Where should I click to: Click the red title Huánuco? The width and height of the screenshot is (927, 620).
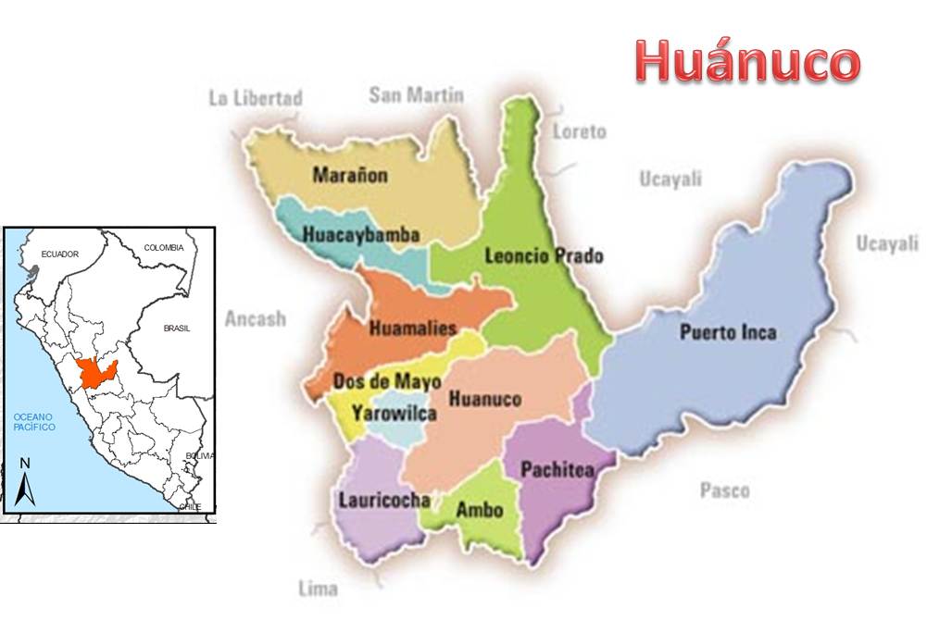point(748,62)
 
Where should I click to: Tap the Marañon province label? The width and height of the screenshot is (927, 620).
point(350,175)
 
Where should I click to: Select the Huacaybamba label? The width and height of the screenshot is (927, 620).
point(361,235)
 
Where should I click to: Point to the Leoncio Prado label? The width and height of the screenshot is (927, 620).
point(544,255)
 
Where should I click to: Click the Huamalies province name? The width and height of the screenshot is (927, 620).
point(413,328)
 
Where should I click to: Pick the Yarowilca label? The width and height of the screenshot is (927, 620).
point(394,414)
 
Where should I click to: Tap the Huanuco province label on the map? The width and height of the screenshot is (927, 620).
point(483,400)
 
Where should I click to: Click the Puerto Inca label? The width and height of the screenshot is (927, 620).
point(728,332)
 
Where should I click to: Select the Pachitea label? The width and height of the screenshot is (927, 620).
point(557,470)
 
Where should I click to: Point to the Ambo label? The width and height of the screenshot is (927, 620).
point(480,510)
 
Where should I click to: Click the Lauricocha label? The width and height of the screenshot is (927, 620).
point(383,501)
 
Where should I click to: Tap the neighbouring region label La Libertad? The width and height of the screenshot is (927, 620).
point(256,98)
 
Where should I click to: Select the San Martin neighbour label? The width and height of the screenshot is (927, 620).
point(416,94)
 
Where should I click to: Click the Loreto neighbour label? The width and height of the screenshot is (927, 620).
point(579,131)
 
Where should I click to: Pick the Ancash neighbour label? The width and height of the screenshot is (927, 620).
point(255,318)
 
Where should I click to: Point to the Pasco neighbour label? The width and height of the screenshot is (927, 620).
point(724,490)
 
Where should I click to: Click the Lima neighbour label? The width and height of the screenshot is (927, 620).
point(318,588)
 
